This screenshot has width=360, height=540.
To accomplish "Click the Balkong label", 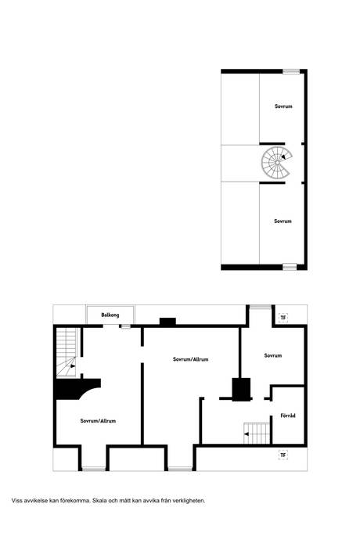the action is [x=110, y=315].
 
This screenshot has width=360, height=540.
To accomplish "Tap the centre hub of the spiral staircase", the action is [x=277, y=162].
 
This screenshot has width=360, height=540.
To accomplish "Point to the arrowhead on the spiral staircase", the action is [x=283, y=157].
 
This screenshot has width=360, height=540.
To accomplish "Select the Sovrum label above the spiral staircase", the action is [x=283, y=106].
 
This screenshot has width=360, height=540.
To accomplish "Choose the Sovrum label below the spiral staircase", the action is [x=283, y=221].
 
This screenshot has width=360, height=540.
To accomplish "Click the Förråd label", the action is [x=288, y=416].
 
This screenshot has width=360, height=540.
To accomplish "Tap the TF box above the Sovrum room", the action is [x=283, y=318].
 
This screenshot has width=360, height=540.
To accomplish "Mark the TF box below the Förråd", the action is [x=283, y=455].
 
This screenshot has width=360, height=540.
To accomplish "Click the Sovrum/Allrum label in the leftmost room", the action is [x=98, y=421].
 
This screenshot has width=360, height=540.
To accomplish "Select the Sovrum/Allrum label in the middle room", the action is [x=190, y=359].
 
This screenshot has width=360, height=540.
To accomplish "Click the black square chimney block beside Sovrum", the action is [x=241, y=390].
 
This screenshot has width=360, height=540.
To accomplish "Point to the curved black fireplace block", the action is [x=77, y=389].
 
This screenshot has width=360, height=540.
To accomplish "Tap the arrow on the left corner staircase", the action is [x=71, y=366].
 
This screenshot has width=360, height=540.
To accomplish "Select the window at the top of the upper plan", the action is [x=291, y=72].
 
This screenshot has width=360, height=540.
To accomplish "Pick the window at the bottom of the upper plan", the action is [x=290, y=267].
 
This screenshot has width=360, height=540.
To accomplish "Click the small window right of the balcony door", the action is [x=126, y=326].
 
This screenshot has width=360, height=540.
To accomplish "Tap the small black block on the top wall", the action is [x=167, y=322].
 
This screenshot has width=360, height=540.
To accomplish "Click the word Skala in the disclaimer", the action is [x=100, y=500].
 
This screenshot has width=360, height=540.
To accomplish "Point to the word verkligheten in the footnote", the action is [x=189, y=500].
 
